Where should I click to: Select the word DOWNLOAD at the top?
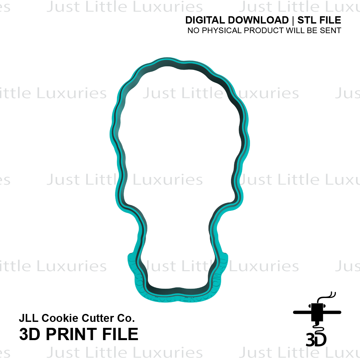click(x=258, y=20)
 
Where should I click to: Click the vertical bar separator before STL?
click(x=293, y=21)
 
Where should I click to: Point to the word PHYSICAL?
click(x=222, y=30)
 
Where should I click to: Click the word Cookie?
click(x=60, y=318)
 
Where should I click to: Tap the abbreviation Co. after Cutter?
click(x=126, y=318)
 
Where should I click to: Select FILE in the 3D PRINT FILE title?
click(x=120, y=334)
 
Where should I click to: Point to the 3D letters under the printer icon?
click(x=316, y=340)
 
